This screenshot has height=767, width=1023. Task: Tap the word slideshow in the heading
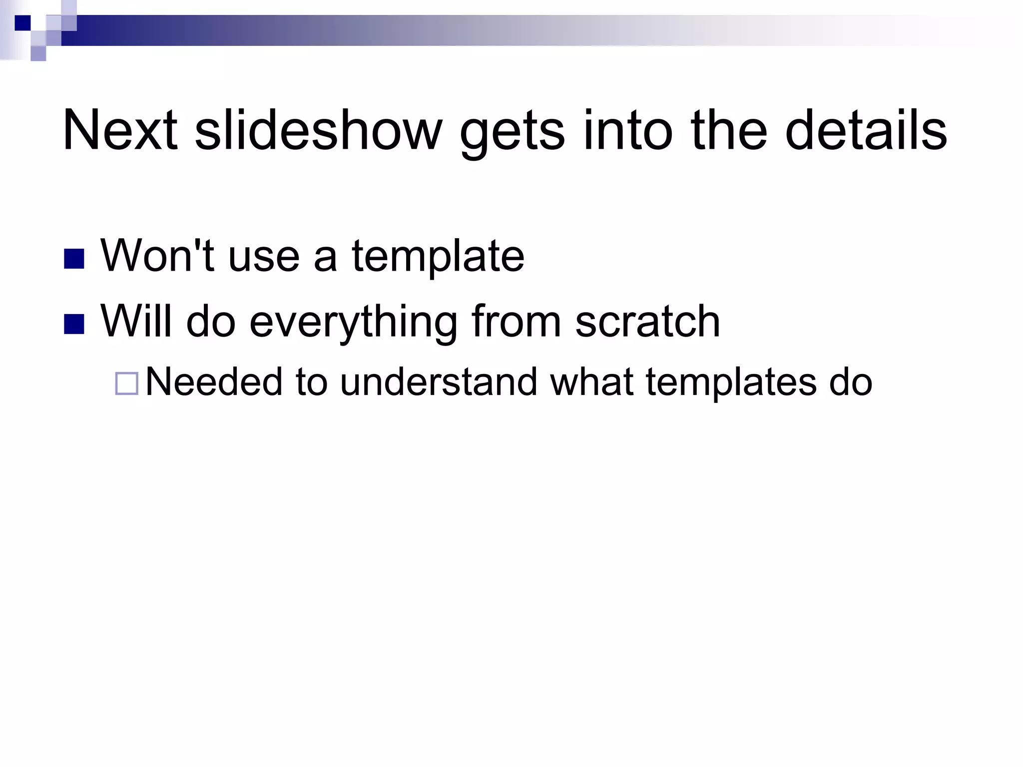click(318, 131)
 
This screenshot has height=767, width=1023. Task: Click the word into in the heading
click(628, 131)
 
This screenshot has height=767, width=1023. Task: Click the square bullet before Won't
click(74, 259)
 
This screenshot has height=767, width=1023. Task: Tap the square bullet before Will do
click(74, 324)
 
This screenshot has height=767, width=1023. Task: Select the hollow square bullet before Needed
click(126, 384)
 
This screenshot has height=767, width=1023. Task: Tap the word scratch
click(647, 322)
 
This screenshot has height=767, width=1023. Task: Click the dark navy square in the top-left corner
click(22, 23)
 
